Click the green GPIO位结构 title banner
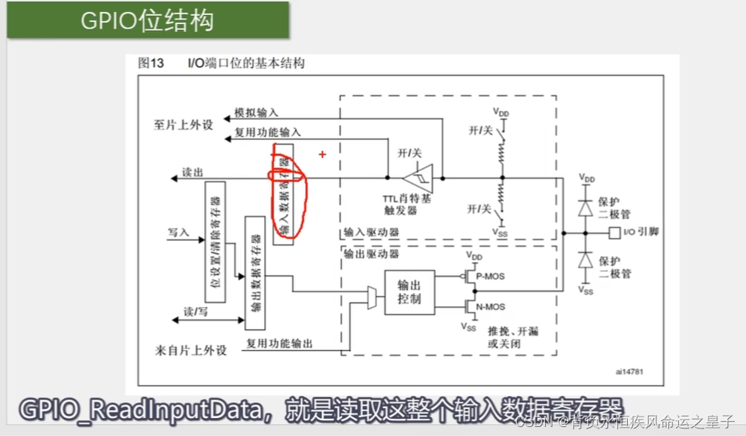click(148, 20)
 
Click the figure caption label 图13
click(151, 64)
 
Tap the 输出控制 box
click(409, 292)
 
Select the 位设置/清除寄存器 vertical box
click(216, 242)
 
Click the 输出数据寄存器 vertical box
click(255, 273)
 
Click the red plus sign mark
click(322, 154)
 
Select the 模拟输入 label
click(256, 111)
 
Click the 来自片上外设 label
click(190, 350)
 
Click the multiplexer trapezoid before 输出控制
click(372, 297)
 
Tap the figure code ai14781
click(628, 371)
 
